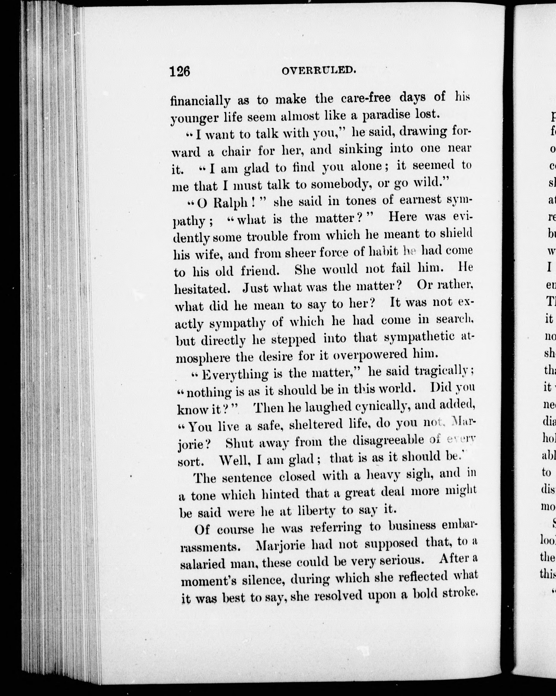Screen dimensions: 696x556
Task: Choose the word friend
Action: (x=260, y=270)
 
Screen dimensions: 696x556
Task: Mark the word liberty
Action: (x=312, y=511)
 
